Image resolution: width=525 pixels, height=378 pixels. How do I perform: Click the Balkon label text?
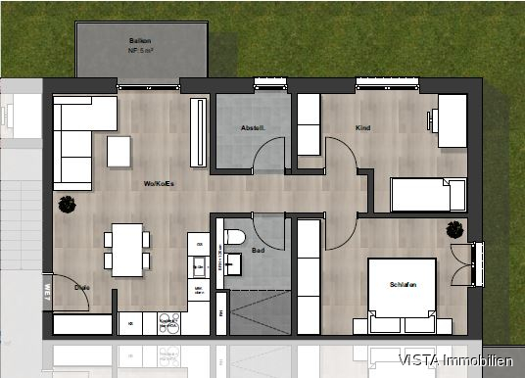point(141,40)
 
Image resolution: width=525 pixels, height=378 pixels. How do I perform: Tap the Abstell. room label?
point(253,129)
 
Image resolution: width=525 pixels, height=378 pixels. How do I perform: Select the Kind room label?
point(363,128)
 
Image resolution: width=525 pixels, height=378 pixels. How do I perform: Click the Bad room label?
point(259,250)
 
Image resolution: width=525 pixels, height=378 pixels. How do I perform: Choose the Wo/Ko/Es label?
point(160,182)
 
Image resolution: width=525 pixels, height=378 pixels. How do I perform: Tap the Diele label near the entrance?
point(82,287)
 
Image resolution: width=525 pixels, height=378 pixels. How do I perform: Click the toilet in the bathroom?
point(235,237)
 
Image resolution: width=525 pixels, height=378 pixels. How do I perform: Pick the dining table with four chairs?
point(127,249)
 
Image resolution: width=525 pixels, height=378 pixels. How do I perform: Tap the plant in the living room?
point(68,205)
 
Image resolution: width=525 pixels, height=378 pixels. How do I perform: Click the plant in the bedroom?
point(454,231)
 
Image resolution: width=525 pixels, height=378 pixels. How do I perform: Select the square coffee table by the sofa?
point(119,151)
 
